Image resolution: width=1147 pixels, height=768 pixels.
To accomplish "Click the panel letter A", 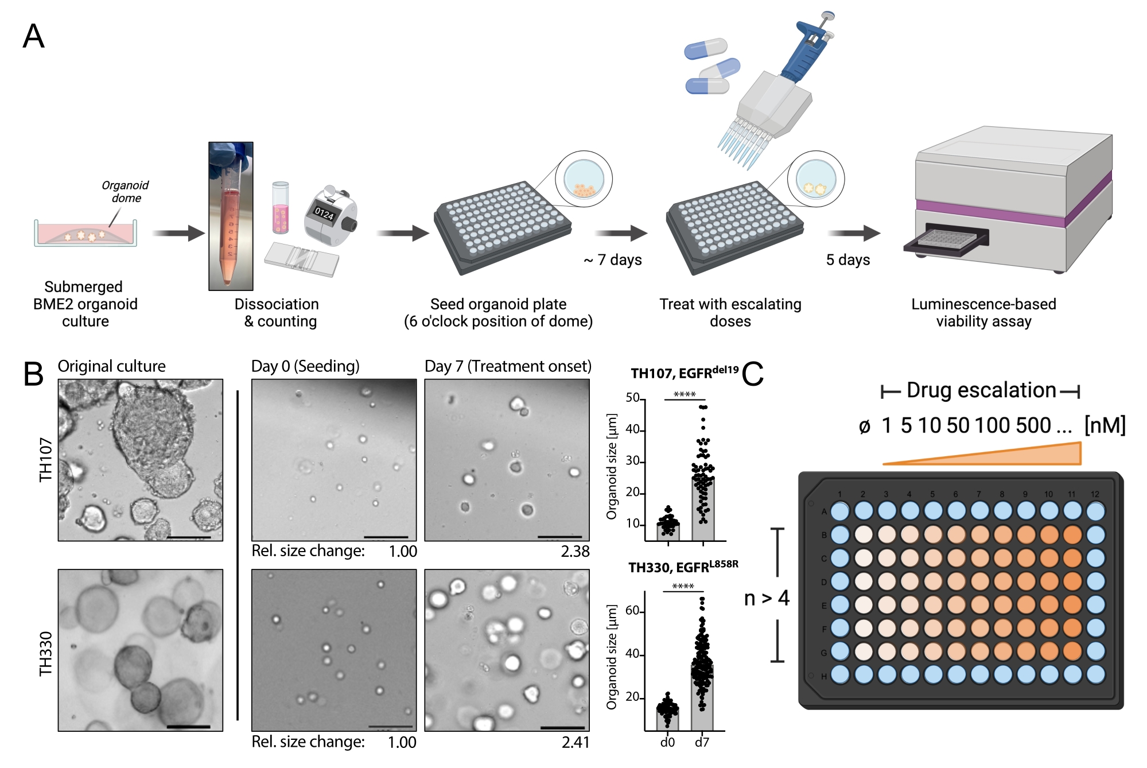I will (33, 36).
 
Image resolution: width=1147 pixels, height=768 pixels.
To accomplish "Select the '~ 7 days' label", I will (612, 260).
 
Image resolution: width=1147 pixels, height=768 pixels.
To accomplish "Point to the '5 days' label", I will (847, 260).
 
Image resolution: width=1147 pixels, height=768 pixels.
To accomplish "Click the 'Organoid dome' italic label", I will (125, 192).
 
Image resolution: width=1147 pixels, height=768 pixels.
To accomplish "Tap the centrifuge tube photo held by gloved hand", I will (231, 216).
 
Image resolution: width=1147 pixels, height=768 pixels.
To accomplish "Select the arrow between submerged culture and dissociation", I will (178, 233).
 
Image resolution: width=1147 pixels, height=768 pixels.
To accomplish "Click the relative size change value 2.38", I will (575, 552).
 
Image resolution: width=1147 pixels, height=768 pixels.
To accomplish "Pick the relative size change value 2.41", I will (576, 742).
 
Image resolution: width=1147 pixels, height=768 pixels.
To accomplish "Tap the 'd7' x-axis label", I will (702, 742).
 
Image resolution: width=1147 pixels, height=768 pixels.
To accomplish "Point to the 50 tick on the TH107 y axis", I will (633, 398).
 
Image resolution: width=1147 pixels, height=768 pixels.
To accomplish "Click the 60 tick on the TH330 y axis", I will (633, 611).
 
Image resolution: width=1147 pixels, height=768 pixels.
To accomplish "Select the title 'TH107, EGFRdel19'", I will (684, 373).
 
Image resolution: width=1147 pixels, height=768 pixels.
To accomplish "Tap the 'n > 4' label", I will (767, 598).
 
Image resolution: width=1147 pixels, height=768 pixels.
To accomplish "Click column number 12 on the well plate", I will (1095, 494).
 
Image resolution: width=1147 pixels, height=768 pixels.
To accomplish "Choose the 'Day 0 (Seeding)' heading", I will (305, 366).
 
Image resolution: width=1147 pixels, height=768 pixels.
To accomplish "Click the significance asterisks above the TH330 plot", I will (683, 586).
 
